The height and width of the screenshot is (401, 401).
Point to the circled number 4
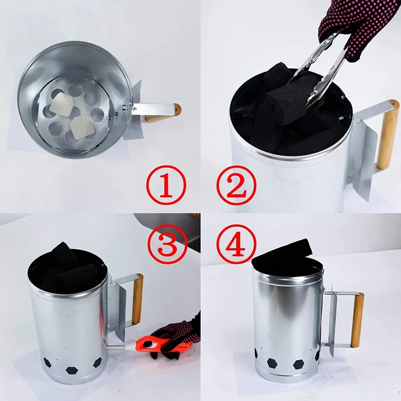pyautogui.click(x=236, y=244)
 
